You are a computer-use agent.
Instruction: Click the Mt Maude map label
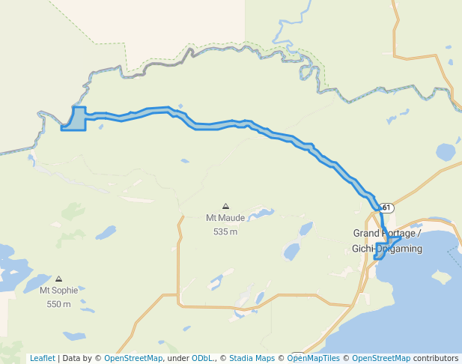225,219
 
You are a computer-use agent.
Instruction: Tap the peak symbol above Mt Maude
225,206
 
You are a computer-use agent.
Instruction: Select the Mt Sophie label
58,290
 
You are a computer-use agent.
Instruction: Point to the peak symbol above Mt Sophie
58,279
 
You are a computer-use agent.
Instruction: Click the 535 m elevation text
225,231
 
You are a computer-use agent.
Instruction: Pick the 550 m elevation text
58,304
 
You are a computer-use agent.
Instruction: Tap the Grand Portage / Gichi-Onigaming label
387,240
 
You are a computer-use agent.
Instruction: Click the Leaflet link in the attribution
42,358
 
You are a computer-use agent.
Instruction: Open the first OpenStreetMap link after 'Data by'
133,358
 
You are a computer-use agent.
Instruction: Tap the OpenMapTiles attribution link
313,358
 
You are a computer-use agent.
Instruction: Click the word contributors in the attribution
436,358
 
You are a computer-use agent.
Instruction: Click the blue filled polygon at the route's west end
75,120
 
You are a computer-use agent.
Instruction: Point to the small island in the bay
441,277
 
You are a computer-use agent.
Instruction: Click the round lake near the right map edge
446,152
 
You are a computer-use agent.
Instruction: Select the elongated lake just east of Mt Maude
260,215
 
